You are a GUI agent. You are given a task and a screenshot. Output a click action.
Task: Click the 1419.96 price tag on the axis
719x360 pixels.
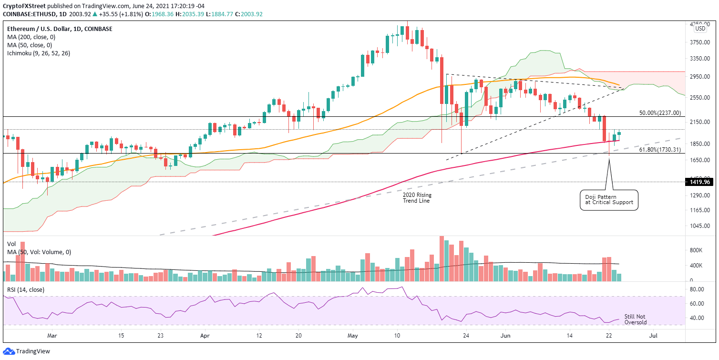pyautogui.click(x=700, y=182)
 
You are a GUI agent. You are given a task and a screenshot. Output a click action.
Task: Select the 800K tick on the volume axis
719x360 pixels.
pyautogui.click(x=696, y=250)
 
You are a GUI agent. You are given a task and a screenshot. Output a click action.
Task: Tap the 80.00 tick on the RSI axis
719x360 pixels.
pyautogui.click(x=697, y=289)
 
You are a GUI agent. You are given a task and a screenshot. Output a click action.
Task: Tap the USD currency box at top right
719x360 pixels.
pyautogui.click(x=700, y=29)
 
